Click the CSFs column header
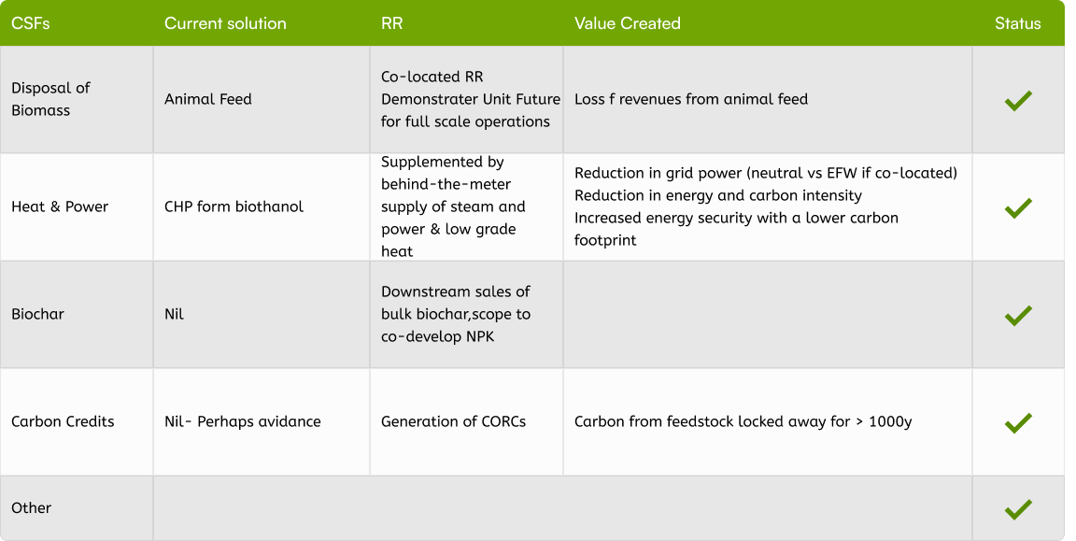pos(31,23)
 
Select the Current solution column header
pos(225,23)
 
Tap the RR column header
pos(392,23)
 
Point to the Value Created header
pos(627,23)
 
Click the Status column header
pos(1017,23)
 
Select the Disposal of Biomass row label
pos(50,99)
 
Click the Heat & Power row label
pos(60,206)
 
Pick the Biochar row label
pos(37,314)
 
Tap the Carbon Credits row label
pos(63,421)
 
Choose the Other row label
pos(31,508)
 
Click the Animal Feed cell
pos(207,99)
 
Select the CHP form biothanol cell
pos(234,206)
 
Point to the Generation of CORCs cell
pos(453,421)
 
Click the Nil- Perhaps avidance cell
pos(242,421)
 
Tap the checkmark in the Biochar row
pos(1017,315)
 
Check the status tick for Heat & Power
pos(1017,207)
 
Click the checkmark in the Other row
pos(1017,509)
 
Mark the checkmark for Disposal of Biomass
pos(1017,100)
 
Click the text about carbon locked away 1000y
pos(743,421)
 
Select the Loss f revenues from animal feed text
pos(690,99)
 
